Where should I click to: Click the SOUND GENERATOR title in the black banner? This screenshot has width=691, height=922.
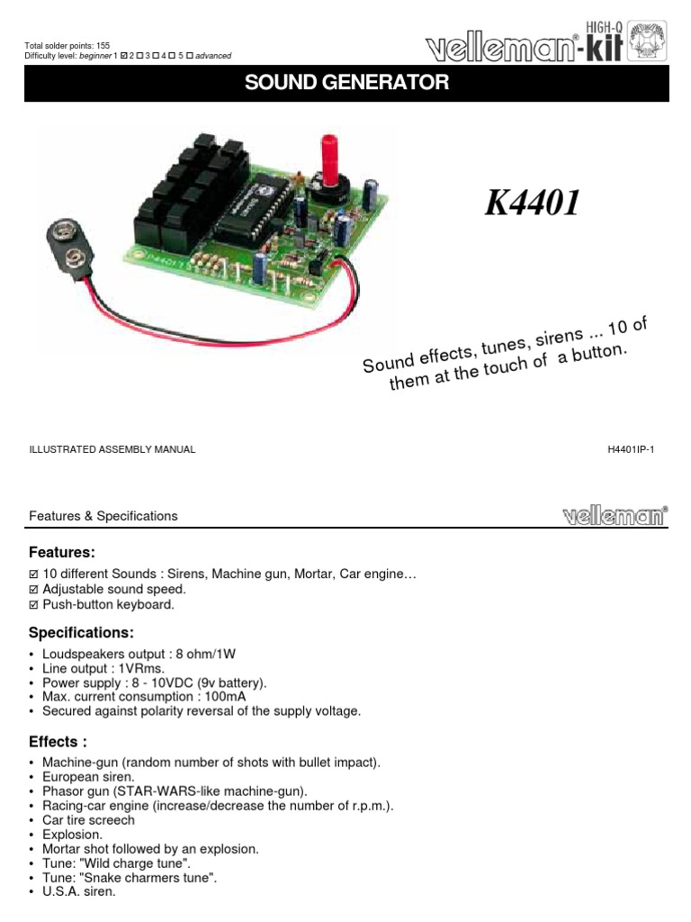[x=346, y=83]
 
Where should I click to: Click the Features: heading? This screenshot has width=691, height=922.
[x=62, y=551]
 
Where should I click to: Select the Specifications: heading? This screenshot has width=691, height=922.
[x=81, y=633]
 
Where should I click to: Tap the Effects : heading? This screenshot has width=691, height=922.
[x=58, y=742]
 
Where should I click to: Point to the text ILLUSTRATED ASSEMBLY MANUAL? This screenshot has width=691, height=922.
[x=112, y=449]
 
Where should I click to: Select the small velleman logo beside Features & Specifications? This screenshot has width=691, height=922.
[x=615, y=516]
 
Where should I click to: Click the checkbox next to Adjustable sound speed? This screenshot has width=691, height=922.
[x=35, y=589]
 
